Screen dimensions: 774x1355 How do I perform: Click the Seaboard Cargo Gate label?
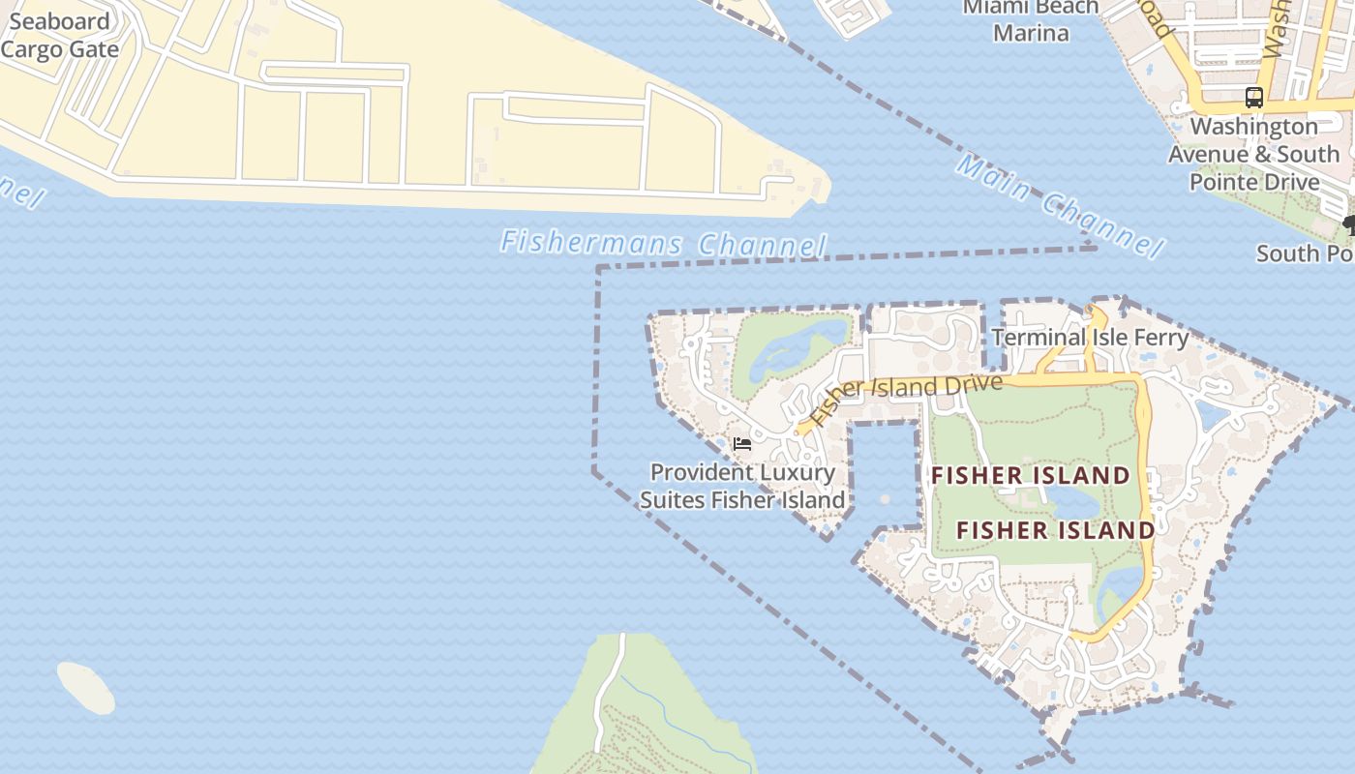pos(60,36)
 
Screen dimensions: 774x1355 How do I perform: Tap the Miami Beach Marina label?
pos(1031,20)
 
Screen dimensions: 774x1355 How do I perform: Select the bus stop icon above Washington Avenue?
pos(1254,98)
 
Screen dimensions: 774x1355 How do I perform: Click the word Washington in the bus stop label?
pos(1253,127)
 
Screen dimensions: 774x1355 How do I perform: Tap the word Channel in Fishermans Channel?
pos(763,246)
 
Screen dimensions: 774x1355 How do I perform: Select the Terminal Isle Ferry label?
pos(1090,338)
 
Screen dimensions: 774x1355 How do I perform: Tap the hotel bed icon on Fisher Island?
pos(742,444)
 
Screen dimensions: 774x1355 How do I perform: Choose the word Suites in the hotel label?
pos(673,500)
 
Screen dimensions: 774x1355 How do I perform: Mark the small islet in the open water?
pos(86,687)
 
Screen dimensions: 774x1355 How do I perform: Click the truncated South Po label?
pos(1303,253)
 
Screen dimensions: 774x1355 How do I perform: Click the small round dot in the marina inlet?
pos(886,499)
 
